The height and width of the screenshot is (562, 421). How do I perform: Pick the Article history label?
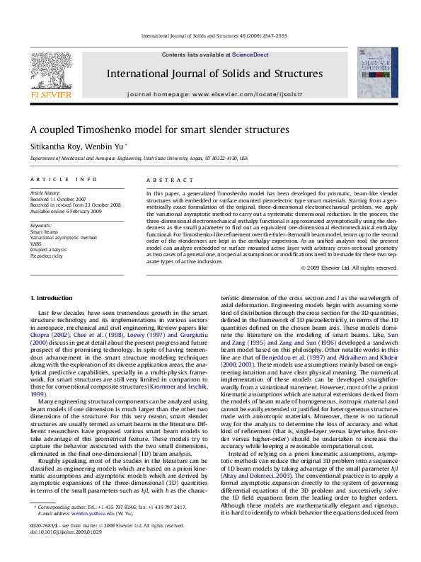point(46,193)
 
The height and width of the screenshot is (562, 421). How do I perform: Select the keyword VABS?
point(36,243)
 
